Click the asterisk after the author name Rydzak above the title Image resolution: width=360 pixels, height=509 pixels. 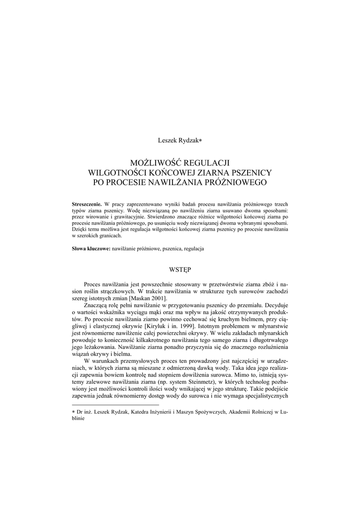(200, 141)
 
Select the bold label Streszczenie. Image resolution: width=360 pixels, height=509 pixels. (87, 204)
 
